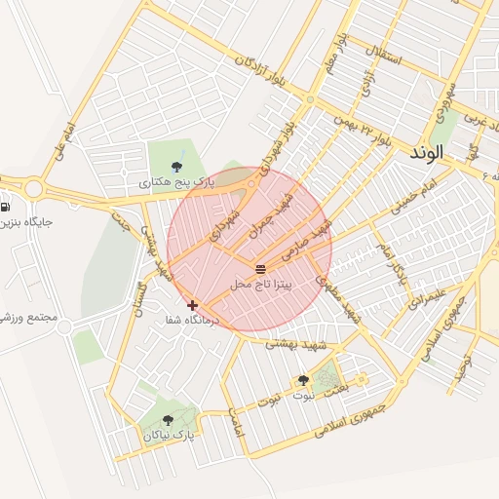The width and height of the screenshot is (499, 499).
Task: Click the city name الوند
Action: click(427, 153)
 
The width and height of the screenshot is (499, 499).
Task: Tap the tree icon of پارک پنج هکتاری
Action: click(175, 166)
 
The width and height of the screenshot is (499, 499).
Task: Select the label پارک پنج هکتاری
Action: click(175, 181)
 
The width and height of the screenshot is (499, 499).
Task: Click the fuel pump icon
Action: click(7, 207)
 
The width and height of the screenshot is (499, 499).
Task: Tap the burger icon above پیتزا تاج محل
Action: click(260, 268)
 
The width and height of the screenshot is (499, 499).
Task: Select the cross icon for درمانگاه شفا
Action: click(193, 305)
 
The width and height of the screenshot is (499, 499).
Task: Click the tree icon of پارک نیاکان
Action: click(168, 420)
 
